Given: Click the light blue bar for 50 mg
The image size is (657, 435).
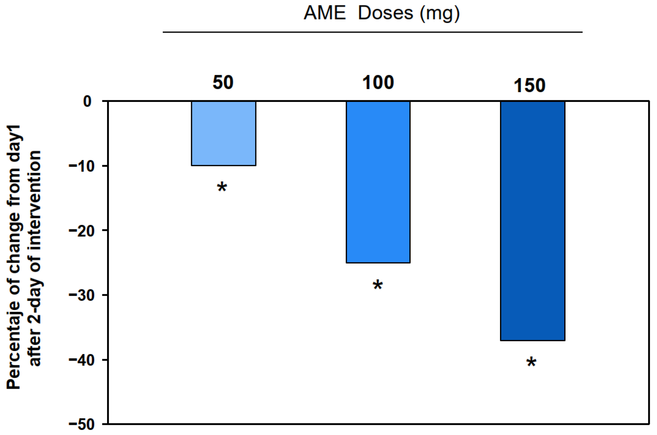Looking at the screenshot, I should coord(224,133).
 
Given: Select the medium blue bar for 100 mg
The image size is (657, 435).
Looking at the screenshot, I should coord(378,182).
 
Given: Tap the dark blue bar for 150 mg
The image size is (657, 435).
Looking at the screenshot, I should coord(533,221).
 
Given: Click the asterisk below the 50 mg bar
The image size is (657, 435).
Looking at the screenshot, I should coord(222,188).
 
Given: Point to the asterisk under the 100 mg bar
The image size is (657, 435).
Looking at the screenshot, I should coord(378,285).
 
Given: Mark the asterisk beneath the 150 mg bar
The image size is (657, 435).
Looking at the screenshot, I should coord(531,363).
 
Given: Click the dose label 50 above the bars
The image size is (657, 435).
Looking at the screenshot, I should coord(223,83).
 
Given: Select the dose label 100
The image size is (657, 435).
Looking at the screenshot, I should coord(378,83).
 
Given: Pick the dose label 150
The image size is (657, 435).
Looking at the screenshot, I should coord(530,86).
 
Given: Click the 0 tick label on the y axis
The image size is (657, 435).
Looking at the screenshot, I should coord(87,102).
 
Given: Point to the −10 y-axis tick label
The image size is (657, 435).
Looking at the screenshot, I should coord(82,166).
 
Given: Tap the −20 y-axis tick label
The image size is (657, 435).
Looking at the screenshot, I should coord(82,231).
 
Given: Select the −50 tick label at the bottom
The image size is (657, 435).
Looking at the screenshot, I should coord(82,424).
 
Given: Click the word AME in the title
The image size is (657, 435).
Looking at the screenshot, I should coord(325,13).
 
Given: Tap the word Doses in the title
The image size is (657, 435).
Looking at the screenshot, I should coord(385,13).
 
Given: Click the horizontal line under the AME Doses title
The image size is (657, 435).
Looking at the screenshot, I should coord(373,32).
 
